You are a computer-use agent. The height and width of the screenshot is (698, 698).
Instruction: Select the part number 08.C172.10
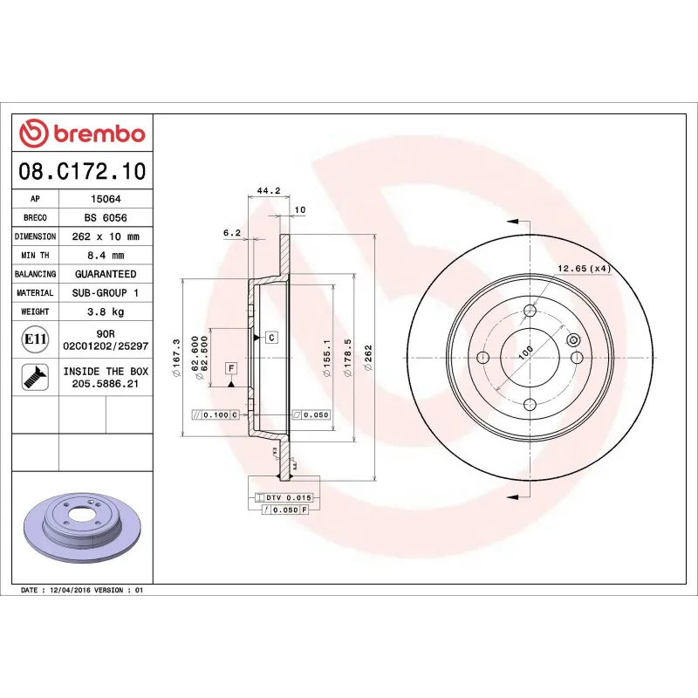(83, 171)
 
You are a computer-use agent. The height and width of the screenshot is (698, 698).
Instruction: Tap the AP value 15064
(106, 199)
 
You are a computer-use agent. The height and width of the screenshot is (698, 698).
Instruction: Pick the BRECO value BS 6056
(106, 218)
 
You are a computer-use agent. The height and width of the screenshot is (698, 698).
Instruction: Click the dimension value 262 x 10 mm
(106, 236)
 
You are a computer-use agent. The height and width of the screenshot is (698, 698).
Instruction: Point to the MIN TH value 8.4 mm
(106, 256)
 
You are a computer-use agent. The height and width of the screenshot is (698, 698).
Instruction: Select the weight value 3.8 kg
(106, 311)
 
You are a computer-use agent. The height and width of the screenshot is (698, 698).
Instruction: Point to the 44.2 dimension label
(268, 190)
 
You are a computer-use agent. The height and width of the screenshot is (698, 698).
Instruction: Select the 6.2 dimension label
(231, 232)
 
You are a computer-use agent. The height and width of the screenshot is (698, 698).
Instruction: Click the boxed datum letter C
(271, 337)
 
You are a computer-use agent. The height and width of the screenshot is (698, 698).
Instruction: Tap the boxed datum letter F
(231, 367)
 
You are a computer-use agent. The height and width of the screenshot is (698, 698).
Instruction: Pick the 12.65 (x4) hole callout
(583, 268)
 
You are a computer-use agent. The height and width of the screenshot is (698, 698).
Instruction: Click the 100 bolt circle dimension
(526, 352)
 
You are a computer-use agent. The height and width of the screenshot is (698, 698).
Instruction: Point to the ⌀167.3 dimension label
(177, 358)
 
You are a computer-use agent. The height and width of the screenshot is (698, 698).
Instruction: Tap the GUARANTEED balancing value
(106, 274)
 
